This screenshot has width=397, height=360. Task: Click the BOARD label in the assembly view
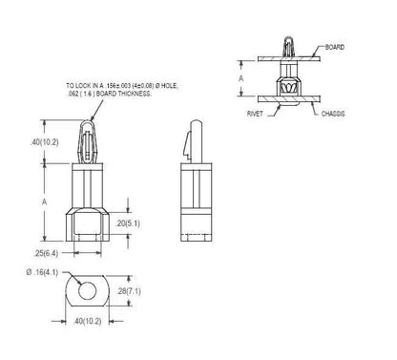tap(335, 47)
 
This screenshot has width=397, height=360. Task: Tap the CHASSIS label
tap(333, 114)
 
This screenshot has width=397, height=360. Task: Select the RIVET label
tap(255, 114)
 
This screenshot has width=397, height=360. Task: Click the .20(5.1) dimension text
tap(128, 223)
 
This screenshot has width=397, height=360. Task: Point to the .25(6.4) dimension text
tap(46, 253)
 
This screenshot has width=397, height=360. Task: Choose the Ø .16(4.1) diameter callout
tap(42, 272)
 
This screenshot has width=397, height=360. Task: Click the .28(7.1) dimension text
tap(129, 291)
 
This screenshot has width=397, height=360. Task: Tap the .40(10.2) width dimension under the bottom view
tap(88, 321)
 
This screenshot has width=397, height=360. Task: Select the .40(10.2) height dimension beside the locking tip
tap(45, 142)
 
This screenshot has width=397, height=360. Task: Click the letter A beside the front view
tap(45, 201)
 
